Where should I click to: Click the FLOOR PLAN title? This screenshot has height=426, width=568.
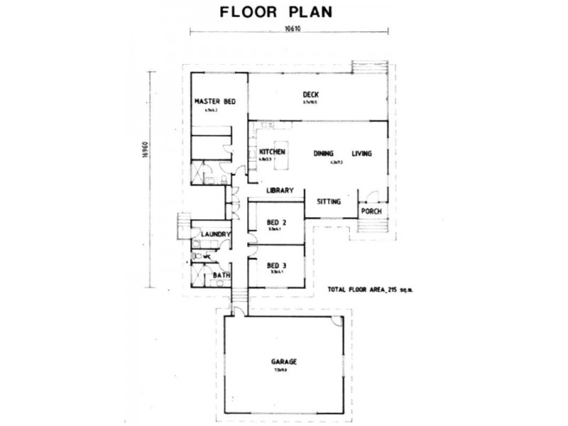tap(276, 12)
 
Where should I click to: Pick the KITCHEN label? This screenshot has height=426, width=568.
tap(273, 153)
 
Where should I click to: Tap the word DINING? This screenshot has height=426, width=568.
tap(324, 153)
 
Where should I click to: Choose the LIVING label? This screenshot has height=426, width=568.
tap(362, 153)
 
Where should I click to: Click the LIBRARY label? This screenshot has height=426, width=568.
tap(280, 190)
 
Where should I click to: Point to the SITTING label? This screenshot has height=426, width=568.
tap(329, 202)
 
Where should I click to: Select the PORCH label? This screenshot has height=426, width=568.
tap(371, 211)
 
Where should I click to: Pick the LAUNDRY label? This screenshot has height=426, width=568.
tap(214, 234)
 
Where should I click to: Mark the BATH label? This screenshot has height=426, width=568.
tap(222, 275)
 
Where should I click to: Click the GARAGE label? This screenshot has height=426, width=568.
tap(283, 361)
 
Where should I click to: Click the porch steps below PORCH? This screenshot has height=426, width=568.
tap(372, 226)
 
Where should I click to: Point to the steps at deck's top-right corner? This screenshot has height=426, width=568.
tap(369, 67)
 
